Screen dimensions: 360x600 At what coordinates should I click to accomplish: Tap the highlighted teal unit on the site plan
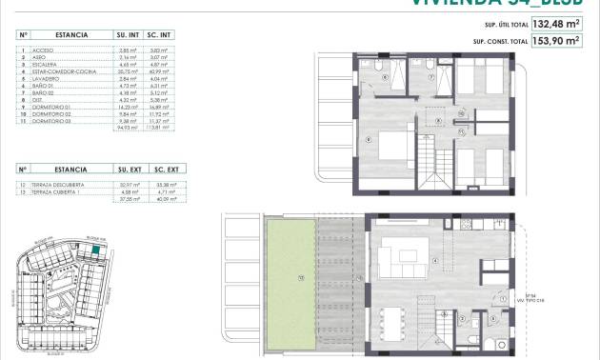pos(98,251)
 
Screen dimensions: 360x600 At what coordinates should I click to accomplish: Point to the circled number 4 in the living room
pos(434,260)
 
